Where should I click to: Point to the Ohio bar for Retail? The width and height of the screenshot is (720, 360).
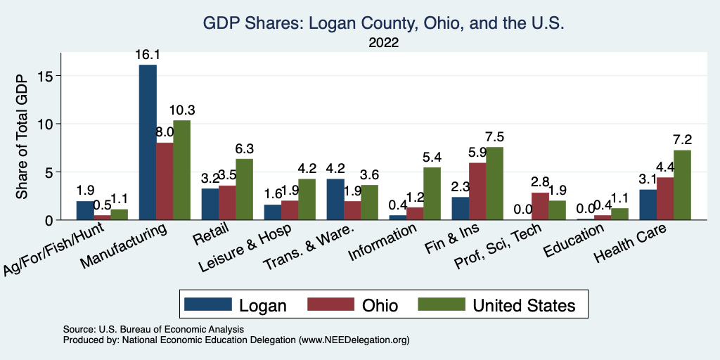227,202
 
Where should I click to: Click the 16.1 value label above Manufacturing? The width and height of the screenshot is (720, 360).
148,55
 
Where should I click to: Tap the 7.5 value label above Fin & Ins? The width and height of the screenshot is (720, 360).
496,137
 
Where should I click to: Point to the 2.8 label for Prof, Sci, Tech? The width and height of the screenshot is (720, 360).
541,182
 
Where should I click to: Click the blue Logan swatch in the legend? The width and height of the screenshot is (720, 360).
207,304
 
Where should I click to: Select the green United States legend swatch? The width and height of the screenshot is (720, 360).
441,304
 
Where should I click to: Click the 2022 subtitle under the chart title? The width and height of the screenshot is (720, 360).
384,43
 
